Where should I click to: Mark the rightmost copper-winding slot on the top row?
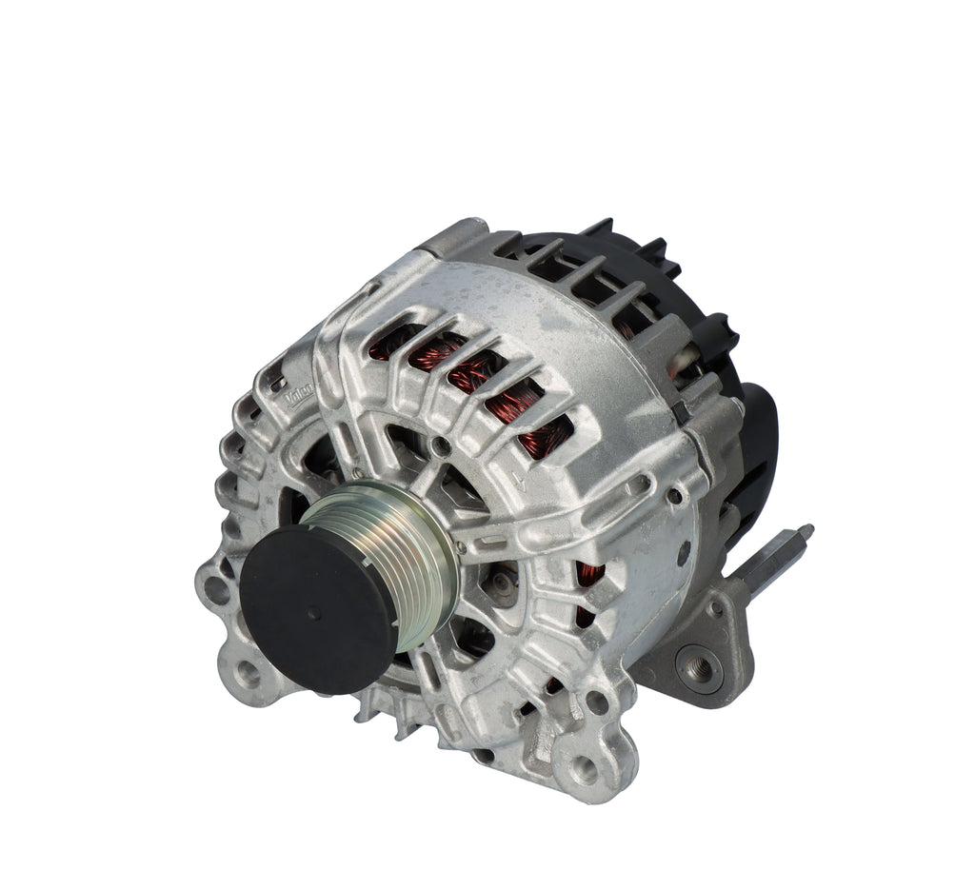[541, 428]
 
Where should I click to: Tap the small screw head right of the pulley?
[462, 547]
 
